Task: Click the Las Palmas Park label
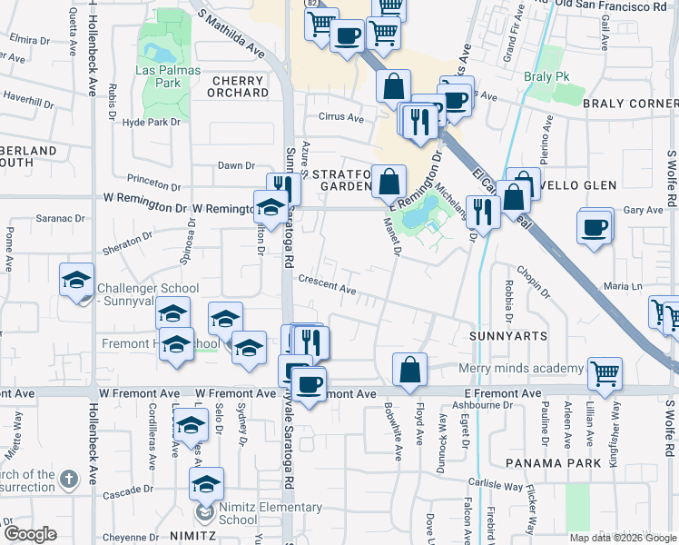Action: [x=164, y=76]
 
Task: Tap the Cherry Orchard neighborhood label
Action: [x=240, y=86]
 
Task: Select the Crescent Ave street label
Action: [x=327, y=285]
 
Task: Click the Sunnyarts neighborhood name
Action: [x=508, y=336]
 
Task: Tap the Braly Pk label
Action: [x=546, y=76]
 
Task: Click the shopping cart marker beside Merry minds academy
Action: [x=605, y=372]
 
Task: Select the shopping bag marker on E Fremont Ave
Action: [x=410, y=368]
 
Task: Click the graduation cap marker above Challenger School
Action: [x=77, y=280]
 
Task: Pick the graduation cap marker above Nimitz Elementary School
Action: [x=207, y=483]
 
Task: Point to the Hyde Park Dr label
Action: [x=153, y=122]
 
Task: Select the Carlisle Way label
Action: [x=496, y=485]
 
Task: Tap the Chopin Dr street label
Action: [x=534, y=282]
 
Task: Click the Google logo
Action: [x=29, y=534]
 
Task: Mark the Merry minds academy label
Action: [x=520, y=368]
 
